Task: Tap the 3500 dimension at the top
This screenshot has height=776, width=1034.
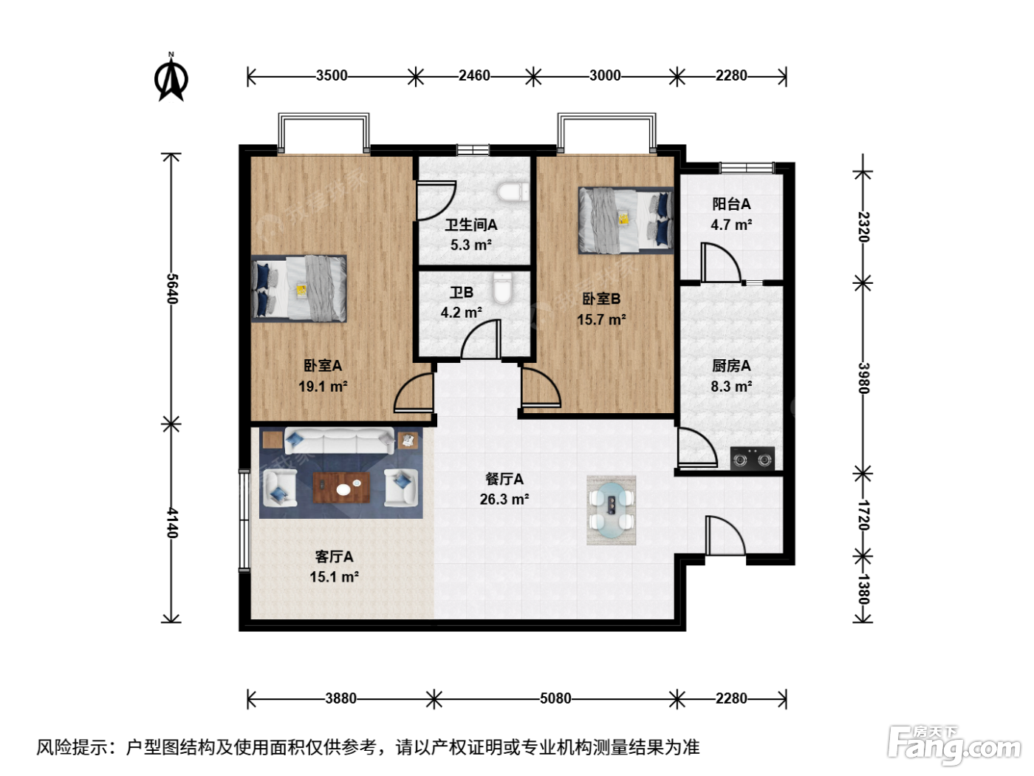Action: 332,76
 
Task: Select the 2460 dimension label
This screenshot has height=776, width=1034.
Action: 474,76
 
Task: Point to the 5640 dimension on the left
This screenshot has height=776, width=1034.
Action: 171,289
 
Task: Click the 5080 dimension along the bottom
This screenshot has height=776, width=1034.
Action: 555,698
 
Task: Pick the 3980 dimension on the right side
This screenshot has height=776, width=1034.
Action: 863,378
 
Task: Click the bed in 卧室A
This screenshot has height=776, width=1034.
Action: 299,289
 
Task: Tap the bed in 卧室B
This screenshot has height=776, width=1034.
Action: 626,220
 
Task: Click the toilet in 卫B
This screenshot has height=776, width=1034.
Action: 502,289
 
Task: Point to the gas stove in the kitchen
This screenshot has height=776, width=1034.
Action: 753,458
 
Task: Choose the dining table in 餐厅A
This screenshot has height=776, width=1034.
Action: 612,510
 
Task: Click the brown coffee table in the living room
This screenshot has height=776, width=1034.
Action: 341,488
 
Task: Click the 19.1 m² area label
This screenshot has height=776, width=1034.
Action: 323,387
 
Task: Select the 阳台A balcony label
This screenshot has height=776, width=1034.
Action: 731,204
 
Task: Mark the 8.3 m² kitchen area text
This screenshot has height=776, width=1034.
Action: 731,387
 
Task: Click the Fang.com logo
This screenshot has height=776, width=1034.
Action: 954,745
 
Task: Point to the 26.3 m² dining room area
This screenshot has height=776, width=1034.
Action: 504,500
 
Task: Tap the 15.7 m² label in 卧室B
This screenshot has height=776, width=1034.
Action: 601,320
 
